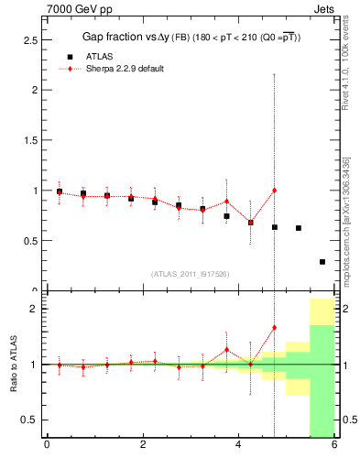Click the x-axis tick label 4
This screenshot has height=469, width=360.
point(238,446)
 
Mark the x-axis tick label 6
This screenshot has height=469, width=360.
point(334,446)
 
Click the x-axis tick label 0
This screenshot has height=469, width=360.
point(47,446)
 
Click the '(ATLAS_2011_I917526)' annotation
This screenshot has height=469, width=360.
point(190,274)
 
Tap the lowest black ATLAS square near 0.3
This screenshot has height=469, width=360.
point(322,262)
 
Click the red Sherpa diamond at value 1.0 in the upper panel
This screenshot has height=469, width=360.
point(274,191)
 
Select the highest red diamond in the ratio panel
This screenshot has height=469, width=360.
point(274,327)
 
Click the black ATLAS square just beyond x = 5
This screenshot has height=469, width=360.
point(299,228)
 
